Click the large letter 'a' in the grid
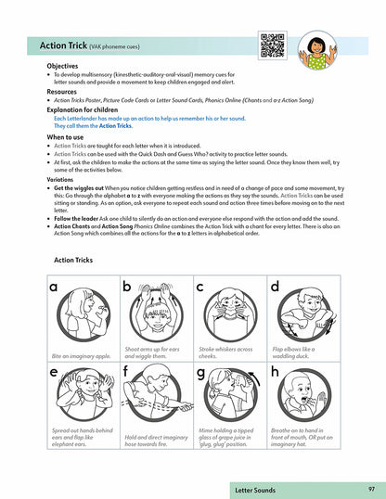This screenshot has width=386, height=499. pyautogui.click(x=55, y=288)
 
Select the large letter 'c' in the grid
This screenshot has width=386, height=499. pyautogui.click(x=200, y=288)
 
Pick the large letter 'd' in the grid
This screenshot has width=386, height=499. pyautogui.click(x=275, y=288)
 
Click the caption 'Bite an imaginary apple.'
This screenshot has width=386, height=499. pyautogui.click(x=84, y=355)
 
